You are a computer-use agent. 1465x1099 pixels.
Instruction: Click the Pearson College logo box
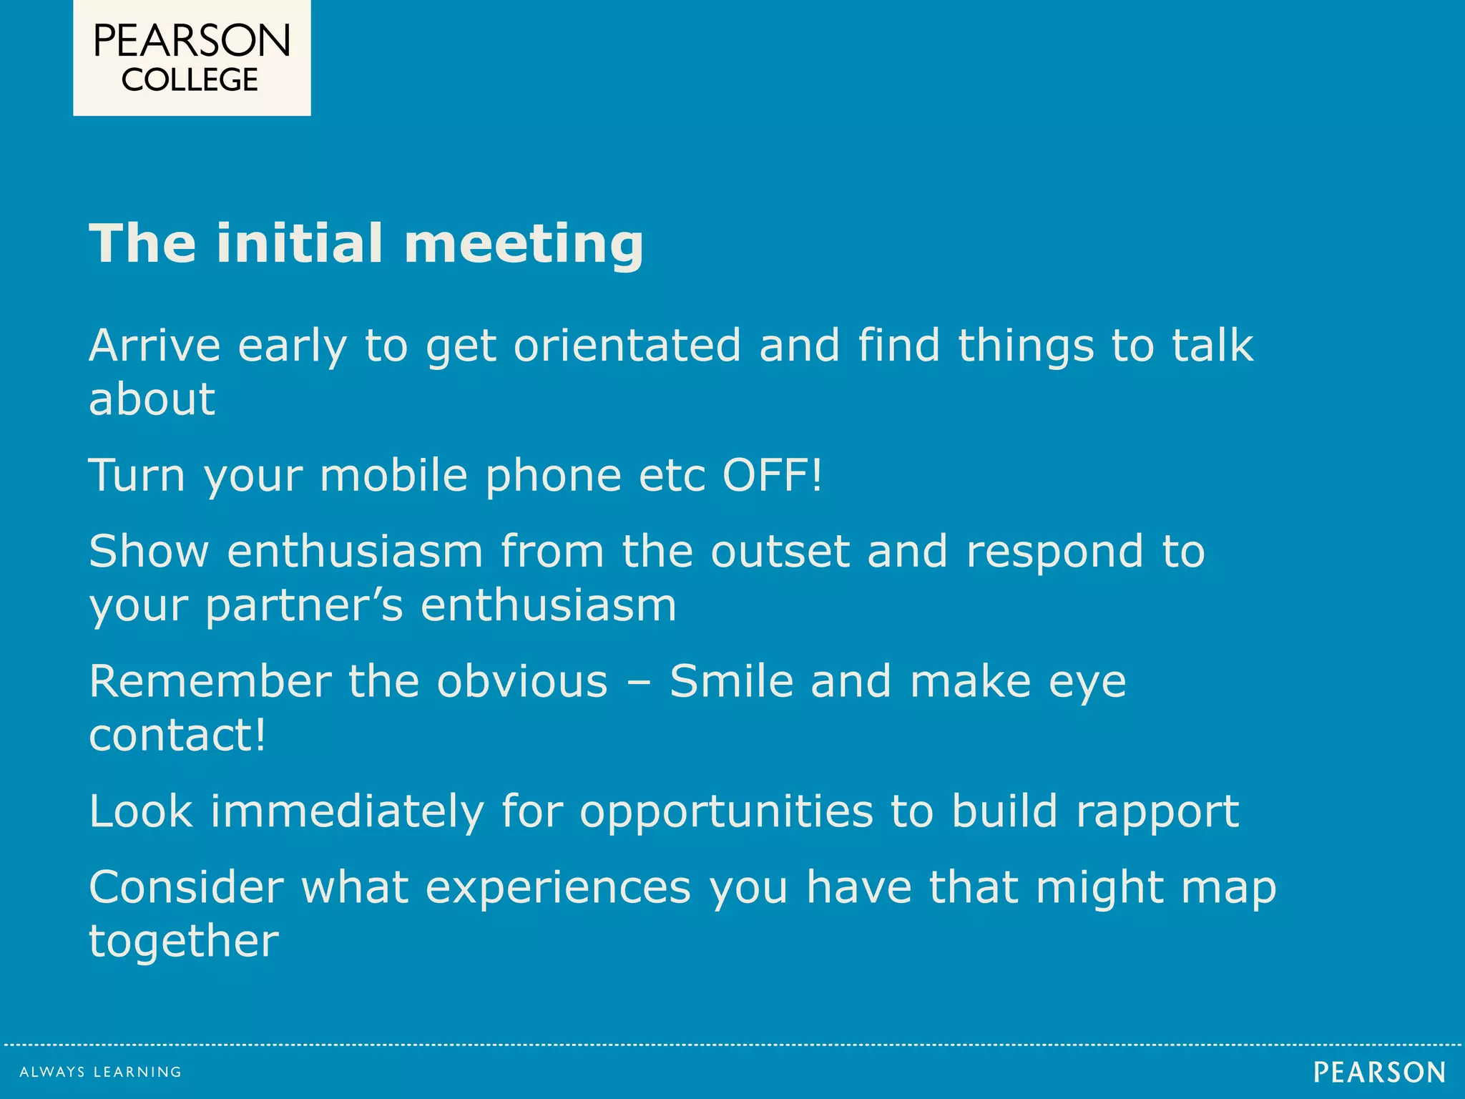tap(192, 57)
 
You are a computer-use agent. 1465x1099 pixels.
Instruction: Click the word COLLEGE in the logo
tap(190, 80)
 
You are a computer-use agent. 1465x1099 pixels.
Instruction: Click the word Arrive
tap(155, 346)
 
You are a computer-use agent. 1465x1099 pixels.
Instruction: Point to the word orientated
tap(627, 346)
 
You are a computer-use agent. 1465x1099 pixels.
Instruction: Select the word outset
tap(780, 552)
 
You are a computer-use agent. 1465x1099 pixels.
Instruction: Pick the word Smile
tap(731, 681)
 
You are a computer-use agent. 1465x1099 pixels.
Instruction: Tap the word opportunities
tap(726, 812)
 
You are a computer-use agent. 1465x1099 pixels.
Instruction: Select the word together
tap(183, 942)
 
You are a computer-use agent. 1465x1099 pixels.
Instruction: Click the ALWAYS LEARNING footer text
tap(100, 1072)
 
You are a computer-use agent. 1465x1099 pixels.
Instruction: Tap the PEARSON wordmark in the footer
tap(1379, 1073)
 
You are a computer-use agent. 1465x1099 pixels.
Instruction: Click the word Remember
tap(210, 681)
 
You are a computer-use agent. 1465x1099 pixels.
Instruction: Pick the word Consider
tap(186, 888)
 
